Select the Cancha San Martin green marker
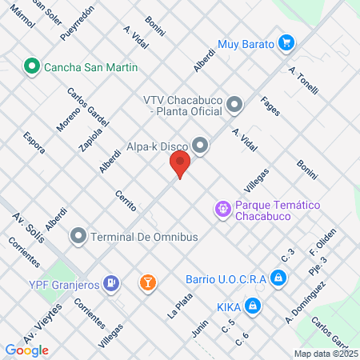pos(33,66)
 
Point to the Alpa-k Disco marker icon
pos(200,146)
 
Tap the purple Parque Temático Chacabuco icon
pos(223,209)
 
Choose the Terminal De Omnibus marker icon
pos(78,237)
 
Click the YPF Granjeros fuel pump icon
pos(113,282)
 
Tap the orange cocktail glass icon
pos(147,282)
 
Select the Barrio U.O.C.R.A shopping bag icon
pos(278,278)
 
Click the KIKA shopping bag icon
pos(252,306)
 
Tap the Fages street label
pos(270,106)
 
